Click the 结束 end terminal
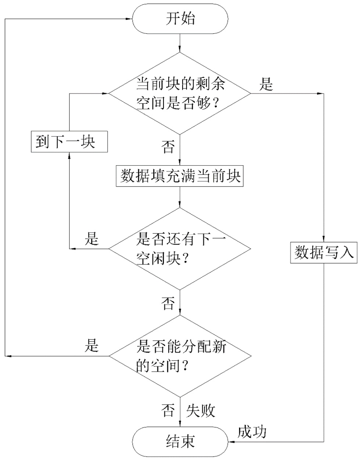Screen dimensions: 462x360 [x=180, y=441]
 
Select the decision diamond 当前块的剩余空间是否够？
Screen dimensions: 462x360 [x=180, y=93]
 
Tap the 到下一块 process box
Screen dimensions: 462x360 [x=69, y=141]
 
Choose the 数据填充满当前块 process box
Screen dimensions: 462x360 [x=180, y=177]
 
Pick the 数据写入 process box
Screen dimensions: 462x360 [x=324, y=252]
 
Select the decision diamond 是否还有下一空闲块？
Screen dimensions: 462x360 [x=180, y=249]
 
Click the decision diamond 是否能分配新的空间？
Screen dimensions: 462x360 [x=180, y=355]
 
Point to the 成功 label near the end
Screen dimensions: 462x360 [x=252, y=432]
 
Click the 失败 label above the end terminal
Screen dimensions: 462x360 [x=201, y=411]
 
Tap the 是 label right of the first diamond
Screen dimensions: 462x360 [x=266, y=84]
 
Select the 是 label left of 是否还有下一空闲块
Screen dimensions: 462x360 [x=92, y=239]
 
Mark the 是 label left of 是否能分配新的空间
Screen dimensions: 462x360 [x=92, y=346]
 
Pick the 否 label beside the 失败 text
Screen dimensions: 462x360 [x=168, y=411]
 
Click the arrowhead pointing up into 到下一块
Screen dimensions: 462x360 [x=69, y=154]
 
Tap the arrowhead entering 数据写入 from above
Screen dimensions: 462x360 [x=324, y=239]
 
